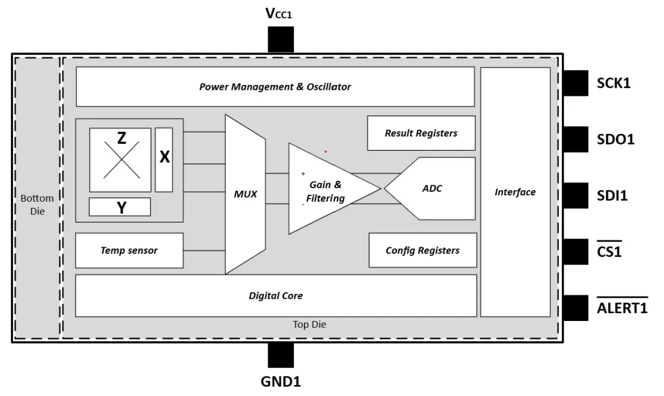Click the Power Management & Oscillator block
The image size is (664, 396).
[275, 87]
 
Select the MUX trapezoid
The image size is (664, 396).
[245, 194]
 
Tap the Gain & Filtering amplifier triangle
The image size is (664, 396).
[326, 189]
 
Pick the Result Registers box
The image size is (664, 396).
[421, 133]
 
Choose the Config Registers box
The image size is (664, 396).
[422, 250]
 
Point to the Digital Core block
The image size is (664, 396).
[275, 296]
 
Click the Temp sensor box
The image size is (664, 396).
[129, 250]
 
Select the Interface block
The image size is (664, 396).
[515, 192]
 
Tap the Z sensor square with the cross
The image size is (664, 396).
[121, 160]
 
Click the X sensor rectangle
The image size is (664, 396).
[164, 159]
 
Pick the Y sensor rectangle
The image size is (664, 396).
[120, 207]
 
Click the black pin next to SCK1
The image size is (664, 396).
[576, 83]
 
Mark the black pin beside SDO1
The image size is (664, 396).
[576, 140]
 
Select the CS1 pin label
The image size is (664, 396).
[609, 251]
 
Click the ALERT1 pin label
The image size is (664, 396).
[622, 308]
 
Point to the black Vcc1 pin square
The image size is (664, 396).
[280, 40]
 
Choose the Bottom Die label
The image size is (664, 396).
[37, 205]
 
